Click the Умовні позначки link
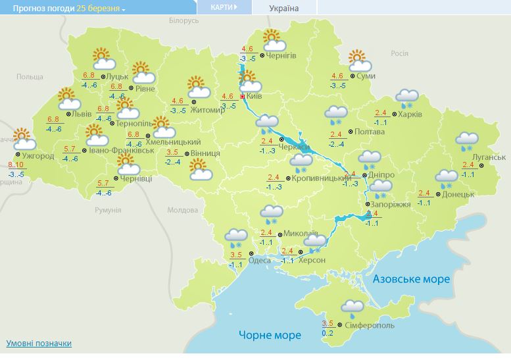click(x=39, y=344)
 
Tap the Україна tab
click(x=283, y=8)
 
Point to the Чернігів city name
click(x=281, y=56)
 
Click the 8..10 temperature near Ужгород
click(x=16, y=164)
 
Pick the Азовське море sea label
click(x=411, y=279)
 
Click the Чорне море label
click(x=270, y=335)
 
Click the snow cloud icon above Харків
click(x=408, y=98)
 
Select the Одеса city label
click(x=259, y=261)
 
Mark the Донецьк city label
click(x=458, y=194)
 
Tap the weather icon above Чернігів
click(x=272, y=41)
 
